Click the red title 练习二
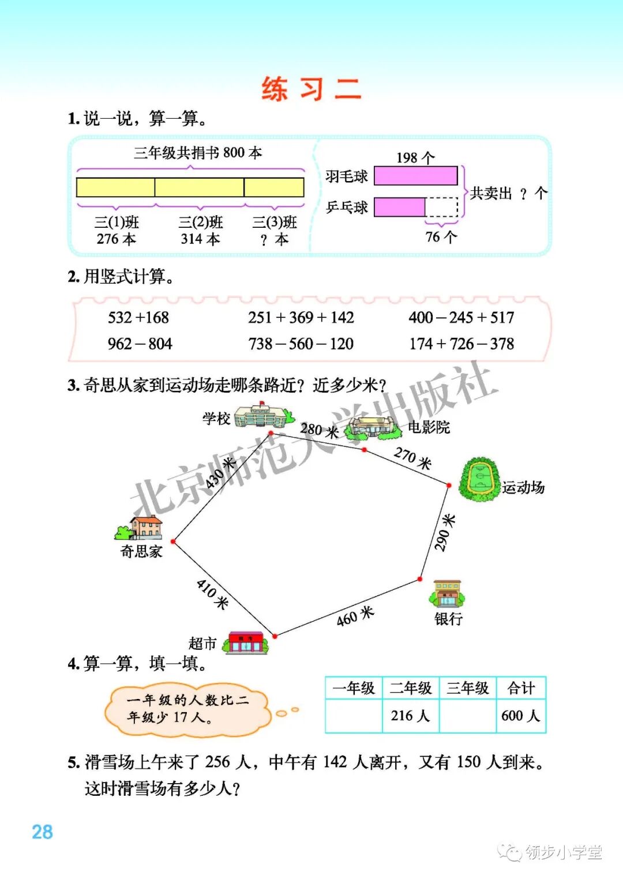point(311,89)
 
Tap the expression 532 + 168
point(138,317)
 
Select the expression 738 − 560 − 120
point(301,344)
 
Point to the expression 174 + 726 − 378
point(461,344)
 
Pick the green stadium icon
point(478,479)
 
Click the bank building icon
point(448,595)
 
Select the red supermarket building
point(246,642)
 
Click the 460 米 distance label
point(355,616)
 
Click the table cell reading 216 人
point(410,716)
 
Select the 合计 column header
point(521,688)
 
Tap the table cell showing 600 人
point(521,716)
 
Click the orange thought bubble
point(187,709)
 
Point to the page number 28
point(42,832)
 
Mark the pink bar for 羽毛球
point(415,176)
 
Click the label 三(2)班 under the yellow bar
point(200,223)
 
